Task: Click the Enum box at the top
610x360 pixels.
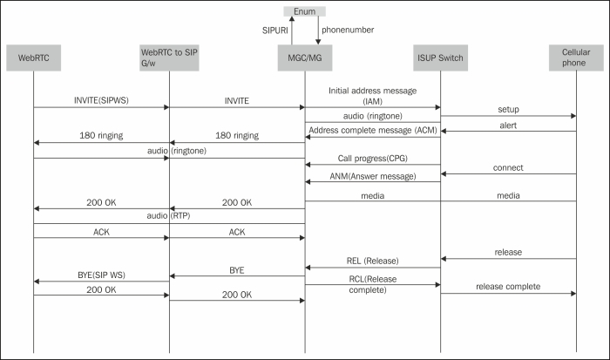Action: click(x=304, y=11)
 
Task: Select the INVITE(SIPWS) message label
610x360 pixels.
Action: click(x=99, y=100)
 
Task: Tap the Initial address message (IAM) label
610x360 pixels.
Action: click(x=372, y=96)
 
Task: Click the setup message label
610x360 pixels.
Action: click(x=508, y=111)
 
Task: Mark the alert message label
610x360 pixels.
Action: click(x=508, y=125)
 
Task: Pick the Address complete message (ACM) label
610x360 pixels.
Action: click(x=373, y=130)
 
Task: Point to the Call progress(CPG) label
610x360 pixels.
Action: click(x=372, y=158)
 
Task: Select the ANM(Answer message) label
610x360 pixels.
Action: click(x=372, y=175)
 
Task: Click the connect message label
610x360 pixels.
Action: click(x=508, y=167)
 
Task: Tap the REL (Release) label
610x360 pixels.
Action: click(x=372, y=261)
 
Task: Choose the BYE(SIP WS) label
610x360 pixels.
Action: click(x=100, y=275)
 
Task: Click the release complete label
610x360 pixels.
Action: click(x=508, y=286)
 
